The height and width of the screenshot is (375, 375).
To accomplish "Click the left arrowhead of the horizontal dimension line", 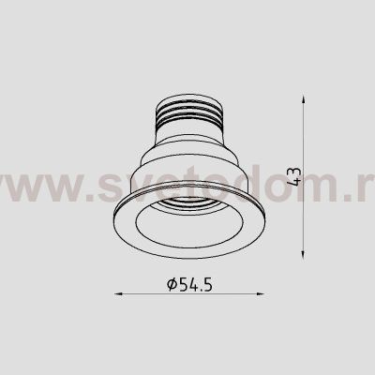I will tap(119, 294).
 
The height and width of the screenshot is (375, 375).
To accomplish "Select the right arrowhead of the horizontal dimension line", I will tap(253, 294).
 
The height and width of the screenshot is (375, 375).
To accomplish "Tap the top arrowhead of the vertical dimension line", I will tap(306, 96).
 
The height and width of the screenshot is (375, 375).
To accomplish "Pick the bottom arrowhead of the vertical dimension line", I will tap(306, 252).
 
